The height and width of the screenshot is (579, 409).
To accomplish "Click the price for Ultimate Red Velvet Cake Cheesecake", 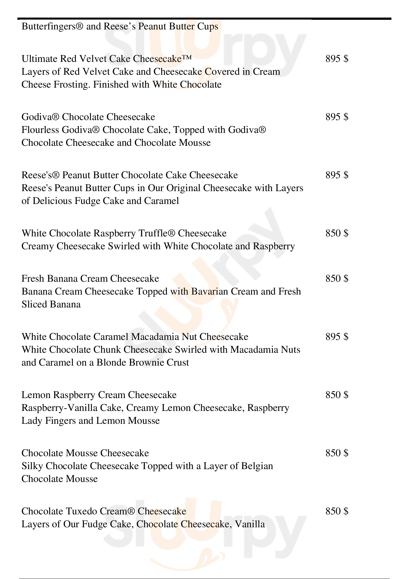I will point(337,59).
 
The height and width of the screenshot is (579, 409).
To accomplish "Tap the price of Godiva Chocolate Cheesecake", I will point(337,117).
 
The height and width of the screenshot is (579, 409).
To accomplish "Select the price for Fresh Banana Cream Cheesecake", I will point(337,278).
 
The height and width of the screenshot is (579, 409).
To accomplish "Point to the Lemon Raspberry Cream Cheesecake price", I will point(337,395).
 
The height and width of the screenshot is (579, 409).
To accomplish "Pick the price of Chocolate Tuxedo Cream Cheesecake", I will point(337,511).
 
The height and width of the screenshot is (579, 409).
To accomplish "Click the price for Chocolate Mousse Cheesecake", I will point(337,453).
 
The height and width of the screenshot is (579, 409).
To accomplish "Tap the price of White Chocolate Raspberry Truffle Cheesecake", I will point(337,233).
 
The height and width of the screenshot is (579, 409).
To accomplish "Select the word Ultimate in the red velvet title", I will point(40,59).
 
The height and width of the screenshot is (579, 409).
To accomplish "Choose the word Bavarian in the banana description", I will point(209,292).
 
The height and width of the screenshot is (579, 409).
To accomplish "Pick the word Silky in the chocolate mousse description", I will point(32,466).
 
